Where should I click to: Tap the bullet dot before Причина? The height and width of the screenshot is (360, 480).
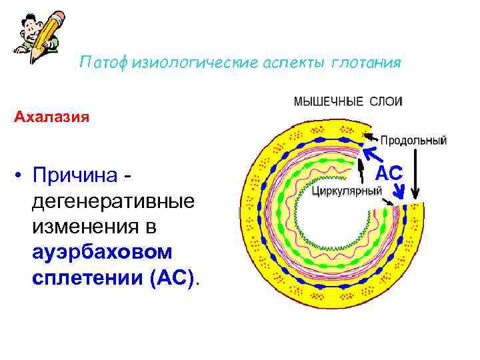[22, 175]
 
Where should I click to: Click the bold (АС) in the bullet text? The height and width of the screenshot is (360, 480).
[173, 277]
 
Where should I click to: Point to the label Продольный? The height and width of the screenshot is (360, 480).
[413, 141]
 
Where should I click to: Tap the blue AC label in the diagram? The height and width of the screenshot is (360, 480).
[389, 173]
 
